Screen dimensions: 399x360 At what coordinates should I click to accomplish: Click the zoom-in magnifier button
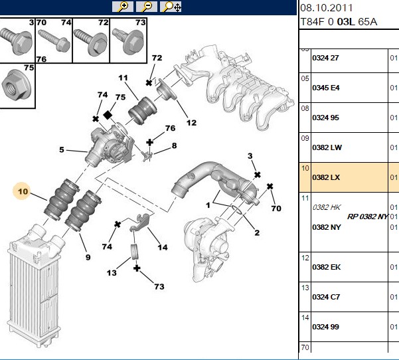pos(123,7)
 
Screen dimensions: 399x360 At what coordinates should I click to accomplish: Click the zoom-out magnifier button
pos(147,7)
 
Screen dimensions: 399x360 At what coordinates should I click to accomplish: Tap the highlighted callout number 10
pos(23,191)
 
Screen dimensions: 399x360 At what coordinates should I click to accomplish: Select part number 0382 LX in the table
pos(326,177)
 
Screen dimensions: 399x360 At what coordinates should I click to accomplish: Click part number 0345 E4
pos(326,88)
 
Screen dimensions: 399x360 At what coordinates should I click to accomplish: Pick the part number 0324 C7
pos(326,297)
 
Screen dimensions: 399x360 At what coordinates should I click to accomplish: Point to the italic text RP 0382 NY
pos(367,217)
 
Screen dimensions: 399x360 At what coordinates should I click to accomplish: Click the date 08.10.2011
pos(326,7)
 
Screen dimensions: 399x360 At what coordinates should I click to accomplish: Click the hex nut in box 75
pos(16,85)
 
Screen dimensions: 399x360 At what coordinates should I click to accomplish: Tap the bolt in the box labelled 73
pos(129,41)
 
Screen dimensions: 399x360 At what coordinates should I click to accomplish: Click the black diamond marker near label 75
pos(108,115)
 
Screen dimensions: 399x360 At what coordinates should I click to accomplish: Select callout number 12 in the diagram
pos(191,123)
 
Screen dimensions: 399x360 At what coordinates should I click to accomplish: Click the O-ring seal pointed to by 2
pos(237,209)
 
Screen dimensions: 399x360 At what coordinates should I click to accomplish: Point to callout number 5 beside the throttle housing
pos(62,149)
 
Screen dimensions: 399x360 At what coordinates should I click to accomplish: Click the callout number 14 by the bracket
pos(163,247)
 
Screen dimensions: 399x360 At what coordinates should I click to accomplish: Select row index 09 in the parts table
pos(305,138)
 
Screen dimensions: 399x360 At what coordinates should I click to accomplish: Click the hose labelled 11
pos(142,111)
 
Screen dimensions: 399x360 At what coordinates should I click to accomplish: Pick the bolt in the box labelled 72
pos(90,42)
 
